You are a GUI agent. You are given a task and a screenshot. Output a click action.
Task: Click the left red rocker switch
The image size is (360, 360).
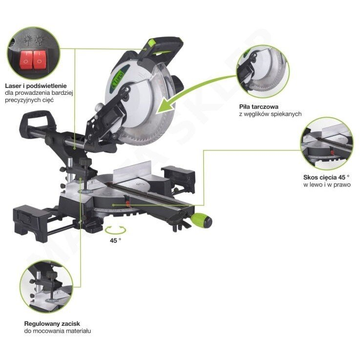point(26,60)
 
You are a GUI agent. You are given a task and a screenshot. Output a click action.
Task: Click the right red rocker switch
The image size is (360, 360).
point(40,60)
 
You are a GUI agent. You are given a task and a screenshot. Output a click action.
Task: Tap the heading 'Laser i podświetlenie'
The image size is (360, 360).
point(36,86)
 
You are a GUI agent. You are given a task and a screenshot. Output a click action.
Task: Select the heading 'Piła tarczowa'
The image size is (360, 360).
point(259,107)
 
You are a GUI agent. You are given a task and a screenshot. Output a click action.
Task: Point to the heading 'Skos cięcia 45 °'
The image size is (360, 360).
point(326,177)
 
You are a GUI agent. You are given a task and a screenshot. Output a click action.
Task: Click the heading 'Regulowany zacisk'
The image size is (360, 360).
point(52,324)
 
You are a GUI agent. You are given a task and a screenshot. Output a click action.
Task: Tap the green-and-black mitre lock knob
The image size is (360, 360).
point(202,220)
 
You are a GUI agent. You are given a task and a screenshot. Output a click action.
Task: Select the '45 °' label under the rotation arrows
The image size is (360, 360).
point(115,241)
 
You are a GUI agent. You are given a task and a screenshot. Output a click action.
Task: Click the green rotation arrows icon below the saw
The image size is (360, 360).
point(115,230)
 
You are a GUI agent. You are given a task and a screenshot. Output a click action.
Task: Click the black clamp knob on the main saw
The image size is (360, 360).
point(85,162)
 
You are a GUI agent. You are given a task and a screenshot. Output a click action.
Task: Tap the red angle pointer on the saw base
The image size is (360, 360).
point(127,200)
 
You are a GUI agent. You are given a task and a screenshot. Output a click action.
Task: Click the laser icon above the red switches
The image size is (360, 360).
point(27,40)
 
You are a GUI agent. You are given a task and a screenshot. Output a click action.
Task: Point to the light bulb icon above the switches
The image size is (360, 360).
point(39,40)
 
